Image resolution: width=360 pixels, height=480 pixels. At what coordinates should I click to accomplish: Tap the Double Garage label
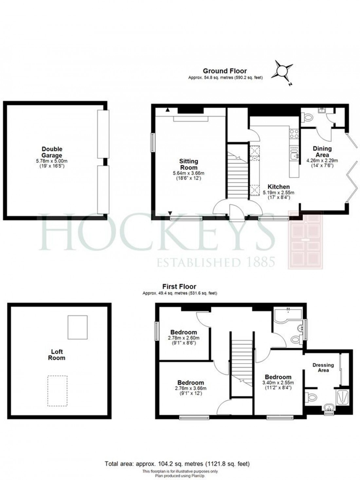tap(52, 152)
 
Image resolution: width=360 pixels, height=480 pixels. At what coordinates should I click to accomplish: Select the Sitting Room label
tap(189, 164)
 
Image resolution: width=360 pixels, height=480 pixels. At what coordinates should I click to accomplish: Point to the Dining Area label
tap(322, 152)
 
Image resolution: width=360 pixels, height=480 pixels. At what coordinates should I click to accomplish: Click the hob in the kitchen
tap(294, 133)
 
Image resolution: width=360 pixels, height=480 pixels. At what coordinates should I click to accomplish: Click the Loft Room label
tap(57, 355)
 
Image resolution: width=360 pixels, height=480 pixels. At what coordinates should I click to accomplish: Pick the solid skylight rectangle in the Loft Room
tap(78, 327)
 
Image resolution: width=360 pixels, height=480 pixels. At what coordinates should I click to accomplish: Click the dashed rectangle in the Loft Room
tap(58, 391)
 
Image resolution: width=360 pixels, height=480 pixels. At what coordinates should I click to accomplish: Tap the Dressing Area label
tap(323, 367)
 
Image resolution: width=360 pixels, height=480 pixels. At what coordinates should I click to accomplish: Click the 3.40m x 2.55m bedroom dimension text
tap(278, 383)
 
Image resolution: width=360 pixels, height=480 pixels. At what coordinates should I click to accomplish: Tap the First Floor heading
tap(179, 287)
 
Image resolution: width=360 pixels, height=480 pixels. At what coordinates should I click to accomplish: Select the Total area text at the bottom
tap(177, 464)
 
